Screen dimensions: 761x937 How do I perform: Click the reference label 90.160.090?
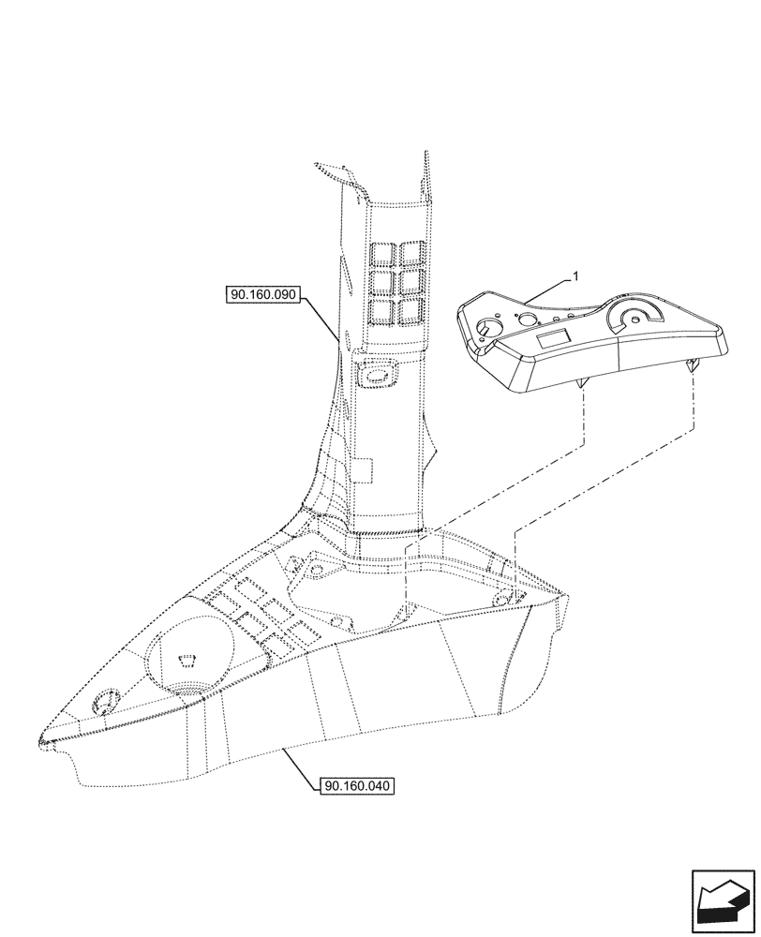262,294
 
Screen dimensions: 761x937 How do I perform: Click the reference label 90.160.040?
357,786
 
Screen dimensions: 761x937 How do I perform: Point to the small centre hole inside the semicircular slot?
637,320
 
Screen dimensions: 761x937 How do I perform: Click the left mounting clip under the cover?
583,383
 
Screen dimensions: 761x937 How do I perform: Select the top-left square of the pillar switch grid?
381,253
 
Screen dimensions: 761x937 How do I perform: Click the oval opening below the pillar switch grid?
378,375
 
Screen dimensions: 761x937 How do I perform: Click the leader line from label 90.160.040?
299,765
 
